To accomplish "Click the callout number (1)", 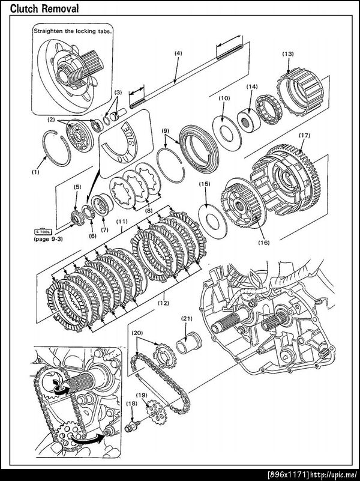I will coord(36,172).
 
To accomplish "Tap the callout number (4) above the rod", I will coord(178,53).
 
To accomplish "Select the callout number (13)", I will coord(287,54).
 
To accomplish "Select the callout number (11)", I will coord(122,221).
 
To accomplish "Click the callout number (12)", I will coord(163,303).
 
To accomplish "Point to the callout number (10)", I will coord(224,98).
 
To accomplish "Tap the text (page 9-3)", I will coord(49,238).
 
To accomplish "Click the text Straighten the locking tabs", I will coord(73,30).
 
